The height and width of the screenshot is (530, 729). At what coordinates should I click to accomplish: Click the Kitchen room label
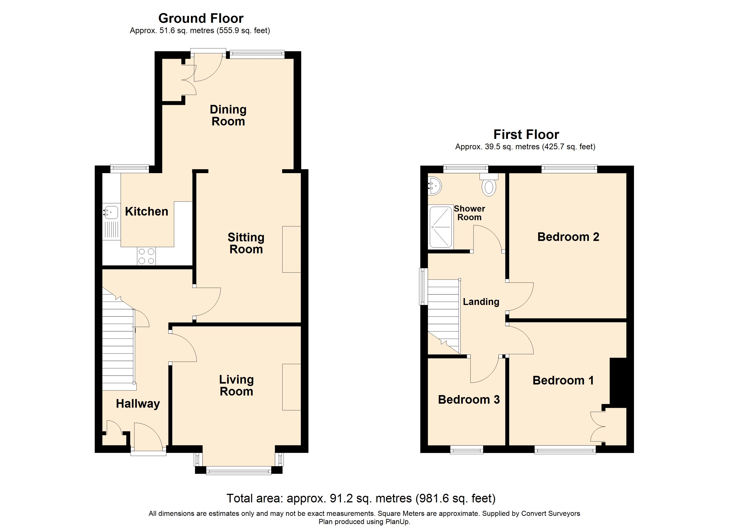[x=146, y=212]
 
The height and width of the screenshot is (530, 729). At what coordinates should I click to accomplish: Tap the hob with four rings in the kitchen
[x=146, y=256]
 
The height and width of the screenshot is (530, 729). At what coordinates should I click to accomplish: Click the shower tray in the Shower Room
[x=441, y=227]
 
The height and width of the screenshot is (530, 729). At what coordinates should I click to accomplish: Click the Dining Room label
[x=228, y=115]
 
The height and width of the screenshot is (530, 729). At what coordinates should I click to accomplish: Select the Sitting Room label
[x=246, y=243]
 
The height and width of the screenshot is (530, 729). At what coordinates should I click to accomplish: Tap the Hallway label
[x=138, y=404]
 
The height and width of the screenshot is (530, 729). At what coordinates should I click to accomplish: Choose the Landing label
[x=481, y=302]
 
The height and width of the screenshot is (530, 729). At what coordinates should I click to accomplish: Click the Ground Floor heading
[x=201, y=18]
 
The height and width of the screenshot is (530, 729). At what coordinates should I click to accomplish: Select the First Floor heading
[x=526, y=134]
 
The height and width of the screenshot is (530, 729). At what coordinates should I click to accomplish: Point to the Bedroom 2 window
[x=569, y=169]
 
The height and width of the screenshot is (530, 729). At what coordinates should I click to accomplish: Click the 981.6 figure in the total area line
[x=433, y=498]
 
